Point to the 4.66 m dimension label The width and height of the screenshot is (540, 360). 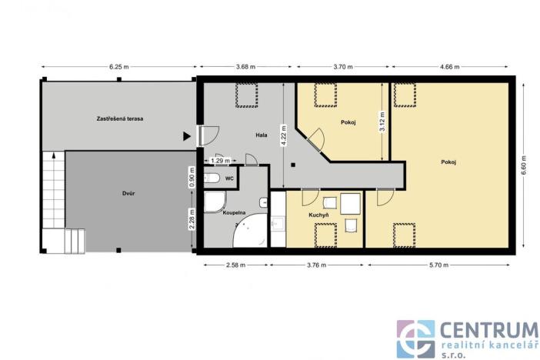click(449, 66)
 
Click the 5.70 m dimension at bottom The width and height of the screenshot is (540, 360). click(440, 265)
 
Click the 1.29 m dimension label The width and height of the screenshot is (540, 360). click(222, 160)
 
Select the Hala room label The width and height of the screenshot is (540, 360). click(262, 135)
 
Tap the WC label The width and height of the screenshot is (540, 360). click(229, 179)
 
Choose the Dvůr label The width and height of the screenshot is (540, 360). click(128, 193)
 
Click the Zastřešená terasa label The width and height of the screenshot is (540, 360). click(121, 119)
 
